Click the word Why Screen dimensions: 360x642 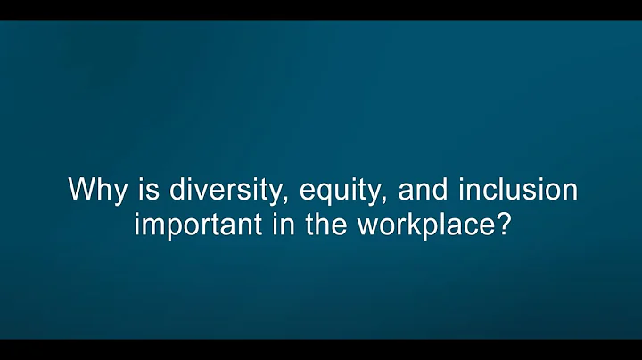(x=92, y=191)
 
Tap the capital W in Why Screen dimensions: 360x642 (x=80, y=190)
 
